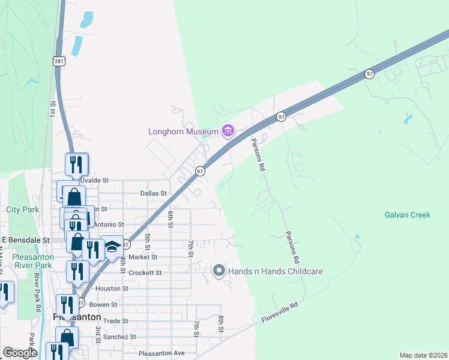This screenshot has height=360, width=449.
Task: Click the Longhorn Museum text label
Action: click(184, 131)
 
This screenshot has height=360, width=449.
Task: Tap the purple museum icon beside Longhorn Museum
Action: click(228, 130)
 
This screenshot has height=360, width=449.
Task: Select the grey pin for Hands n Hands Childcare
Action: click(219, 271)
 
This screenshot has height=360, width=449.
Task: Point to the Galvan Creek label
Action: click(408, 215)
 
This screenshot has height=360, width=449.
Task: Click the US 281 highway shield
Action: click(58, 61)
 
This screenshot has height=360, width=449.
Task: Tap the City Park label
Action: click(22, 210)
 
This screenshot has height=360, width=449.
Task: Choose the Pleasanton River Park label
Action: click(33, 260)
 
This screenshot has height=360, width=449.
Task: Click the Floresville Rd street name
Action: click(280, 313)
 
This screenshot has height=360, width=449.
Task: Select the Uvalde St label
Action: click(94, 180)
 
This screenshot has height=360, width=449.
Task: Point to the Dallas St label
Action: click(152, 194)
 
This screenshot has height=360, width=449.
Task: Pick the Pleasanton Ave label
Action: click(161, 353)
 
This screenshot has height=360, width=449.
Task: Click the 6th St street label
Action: click(170, 218)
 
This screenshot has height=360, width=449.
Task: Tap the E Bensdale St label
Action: click(25, 240)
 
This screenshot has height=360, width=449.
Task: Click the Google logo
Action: click(20, 353)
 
